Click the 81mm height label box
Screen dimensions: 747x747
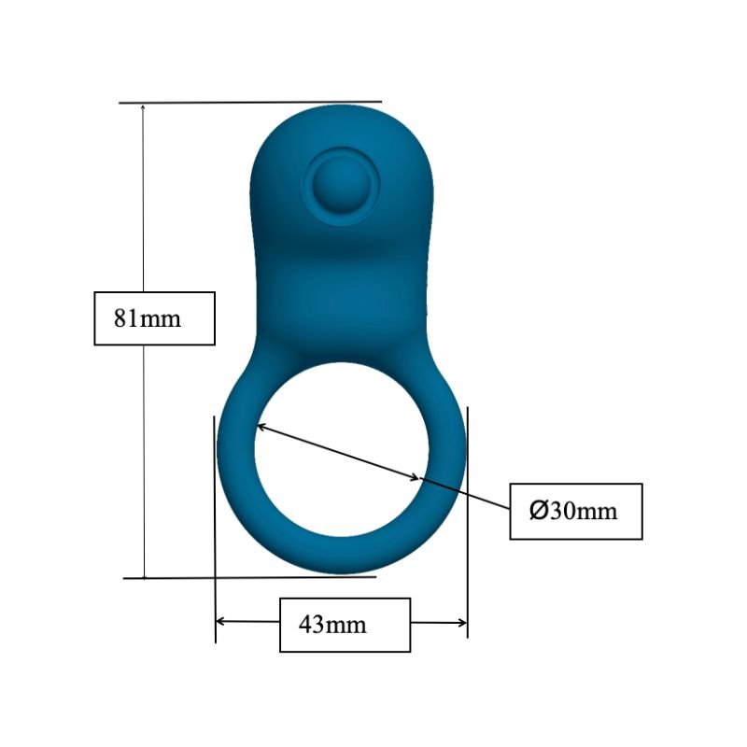(154, 318)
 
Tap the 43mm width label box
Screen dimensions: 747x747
(345, 624)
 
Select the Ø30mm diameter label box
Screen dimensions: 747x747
(575, 511)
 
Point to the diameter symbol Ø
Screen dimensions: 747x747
(538, 511)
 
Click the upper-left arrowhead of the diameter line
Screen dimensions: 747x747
(262, 427)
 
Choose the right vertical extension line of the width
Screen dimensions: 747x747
(467, 523)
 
